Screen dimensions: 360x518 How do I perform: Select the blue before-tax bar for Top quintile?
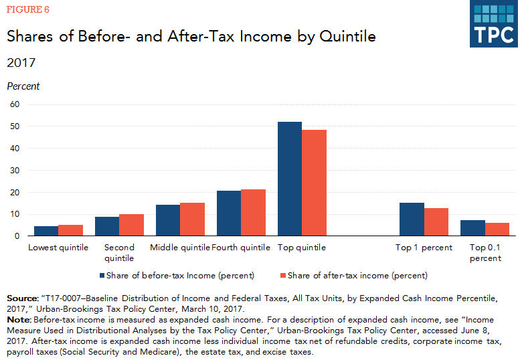click(x=290, y=179)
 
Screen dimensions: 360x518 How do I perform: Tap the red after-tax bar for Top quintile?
click(x=314, y=183)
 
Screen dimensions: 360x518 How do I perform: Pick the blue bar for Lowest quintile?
click(x=46, y=231)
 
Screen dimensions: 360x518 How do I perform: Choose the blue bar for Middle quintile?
click(x=168, y=220)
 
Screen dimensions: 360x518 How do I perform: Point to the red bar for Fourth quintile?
click(x=253, y=213)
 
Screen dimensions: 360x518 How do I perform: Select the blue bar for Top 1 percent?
click(x=411, y=219)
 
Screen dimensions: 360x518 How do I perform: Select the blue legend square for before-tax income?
click(x=102, y=275)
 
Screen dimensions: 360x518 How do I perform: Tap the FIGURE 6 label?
click(x=27, y=9)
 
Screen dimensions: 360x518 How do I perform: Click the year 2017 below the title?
click(x=21, y=63)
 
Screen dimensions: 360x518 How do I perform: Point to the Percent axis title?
click(x=23, y=86)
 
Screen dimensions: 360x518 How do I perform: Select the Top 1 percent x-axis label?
click(x=423, y=248)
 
